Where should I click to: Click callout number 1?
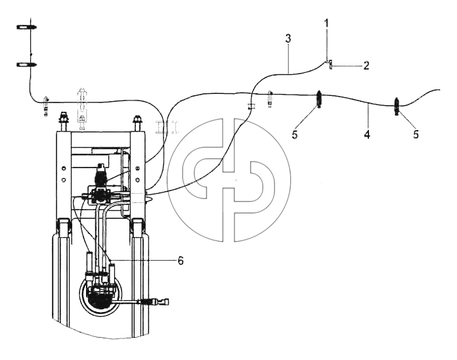326,23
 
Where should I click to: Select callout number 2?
366,66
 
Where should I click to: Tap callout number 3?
288,39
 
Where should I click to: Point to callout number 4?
367,135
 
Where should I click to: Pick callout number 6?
181,261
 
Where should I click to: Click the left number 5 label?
295,135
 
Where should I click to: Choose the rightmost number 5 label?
416,134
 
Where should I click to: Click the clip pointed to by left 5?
319,99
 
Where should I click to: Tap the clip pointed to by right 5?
397,106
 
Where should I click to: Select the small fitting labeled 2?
330,64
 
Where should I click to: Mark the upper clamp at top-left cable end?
27,27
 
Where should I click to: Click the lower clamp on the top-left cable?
26,64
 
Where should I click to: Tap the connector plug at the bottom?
158,301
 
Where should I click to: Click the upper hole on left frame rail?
64,168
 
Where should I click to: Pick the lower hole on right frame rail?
138,179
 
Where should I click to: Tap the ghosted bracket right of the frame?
167,127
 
